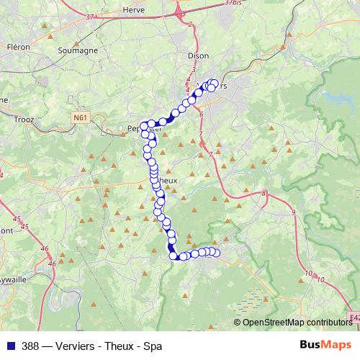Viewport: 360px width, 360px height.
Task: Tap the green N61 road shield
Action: (x=80, y=116)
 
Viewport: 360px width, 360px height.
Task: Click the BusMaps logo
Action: (x=325, y=345)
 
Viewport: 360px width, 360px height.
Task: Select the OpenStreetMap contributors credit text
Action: (x=296, y=323)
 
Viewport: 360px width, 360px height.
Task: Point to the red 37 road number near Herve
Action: (x=89, y=16)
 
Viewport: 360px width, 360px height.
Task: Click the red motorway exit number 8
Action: (x=264, y=194)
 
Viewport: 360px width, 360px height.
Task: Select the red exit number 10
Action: (x=310, y=274)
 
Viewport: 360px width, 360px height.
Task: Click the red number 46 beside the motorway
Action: (x=45, y=248)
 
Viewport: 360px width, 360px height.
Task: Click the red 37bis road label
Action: (x=233, y=3)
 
